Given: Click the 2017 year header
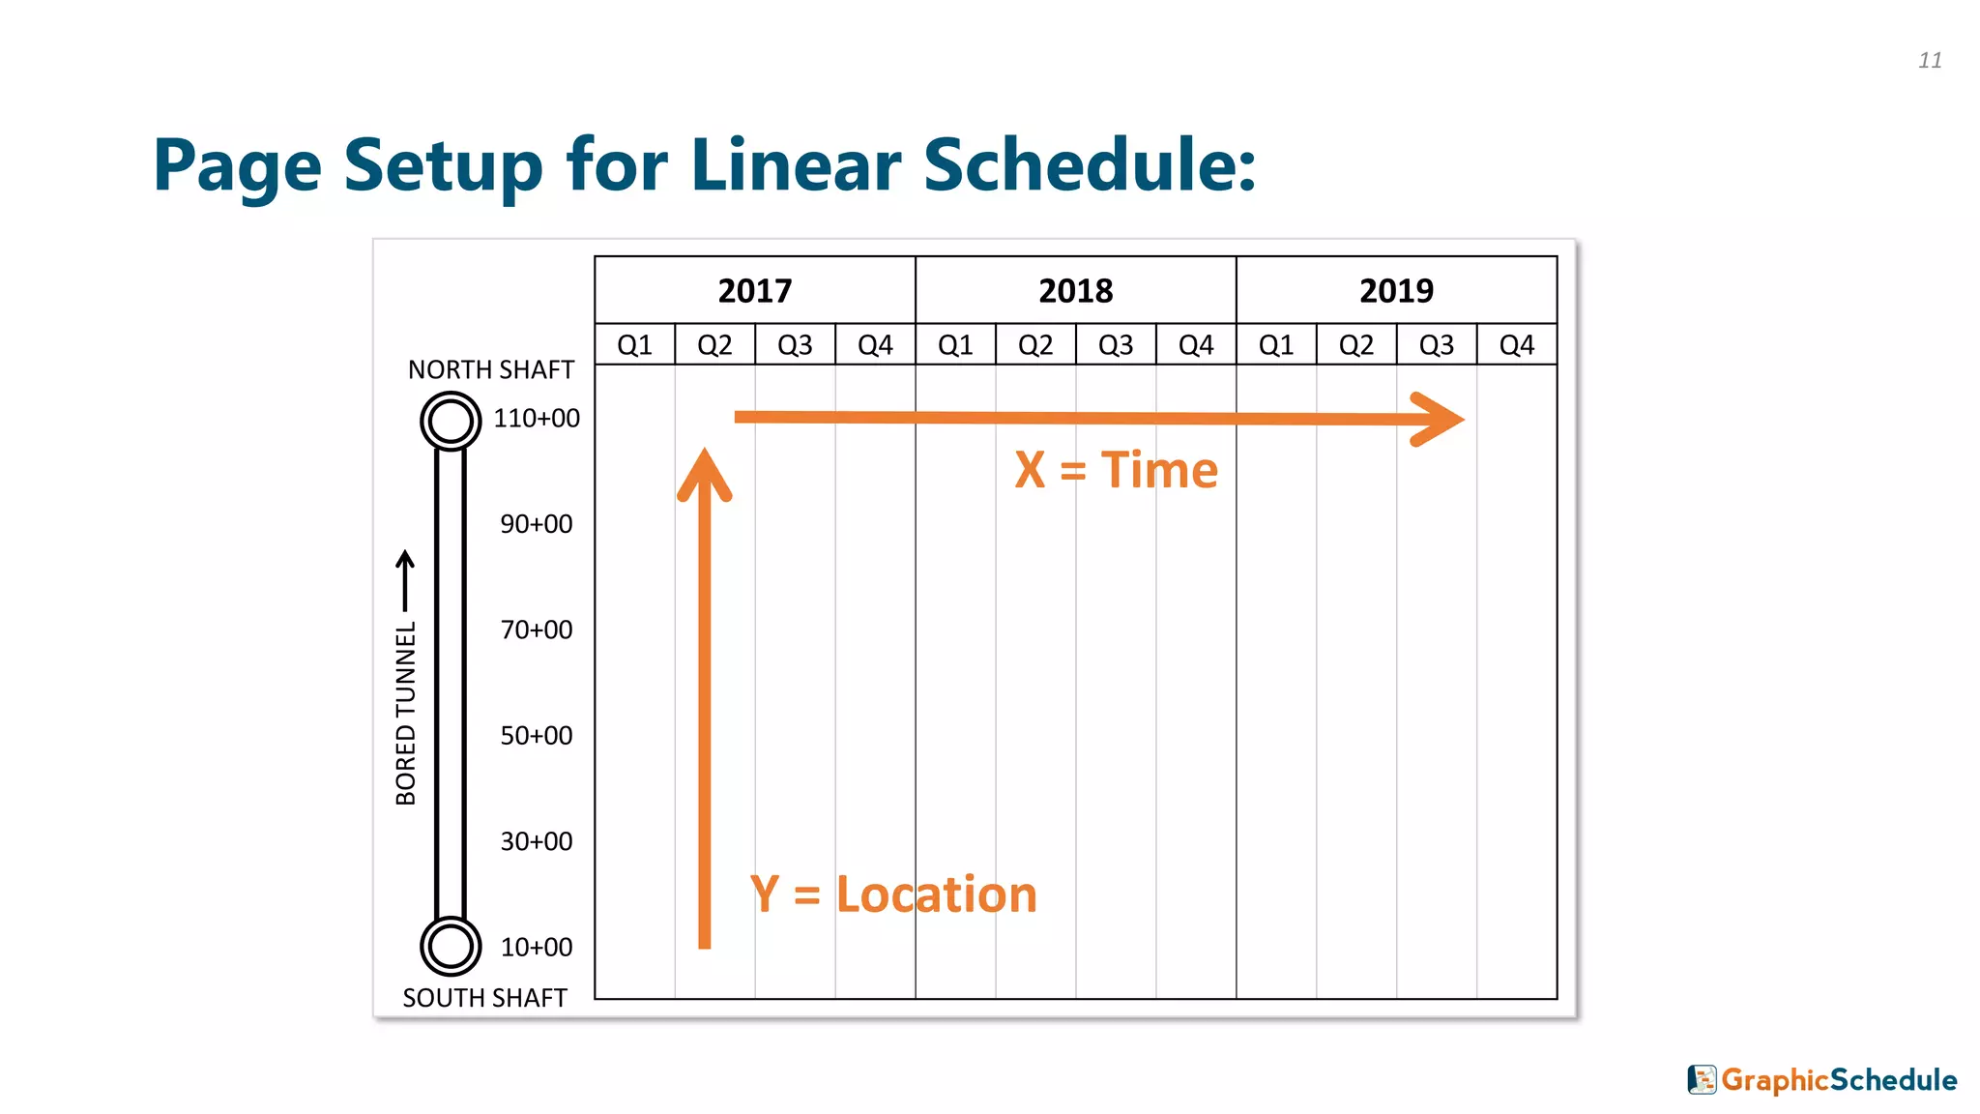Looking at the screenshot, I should click(x=754, y=290).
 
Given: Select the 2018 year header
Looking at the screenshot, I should click(x=1075, y=290).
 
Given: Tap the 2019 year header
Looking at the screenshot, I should click(x=1396, y=290).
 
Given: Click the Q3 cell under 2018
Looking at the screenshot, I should click(x=1116, y=345).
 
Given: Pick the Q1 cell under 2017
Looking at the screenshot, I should click(x=634, y=345).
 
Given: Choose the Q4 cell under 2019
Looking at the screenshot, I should click(x=1516, y=345).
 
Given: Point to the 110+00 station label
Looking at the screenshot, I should click(x=537, y=419).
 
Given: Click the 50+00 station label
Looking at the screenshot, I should click(x=537, y=736).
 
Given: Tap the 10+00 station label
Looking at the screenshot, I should click(x=537, y=948).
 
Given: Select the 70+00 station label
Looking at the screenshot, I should click(x=537, y=630).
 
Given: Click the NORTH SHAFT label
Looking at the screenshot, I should click(x=490, y=369).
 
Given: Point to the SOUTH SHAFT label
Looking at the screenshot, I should click(x=484, y=998).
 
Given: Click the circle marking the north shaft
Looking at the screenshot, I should click(x=451, y=421).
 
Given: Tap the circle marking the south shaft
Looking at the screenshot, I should click(x=451, y=947).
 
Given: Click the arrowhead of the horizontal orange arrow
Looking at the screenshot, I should click(x=1441, y=419).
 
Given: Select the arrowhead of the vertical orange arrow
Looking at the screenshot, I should click(x=705, y=474).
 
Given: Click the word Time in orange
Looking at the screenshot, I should click(x=1159, y=471).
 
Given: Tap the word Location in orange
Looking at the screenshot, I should click(x=936, y=894).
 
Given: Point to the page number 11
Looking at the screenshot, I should click(x=1930, y=61).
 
